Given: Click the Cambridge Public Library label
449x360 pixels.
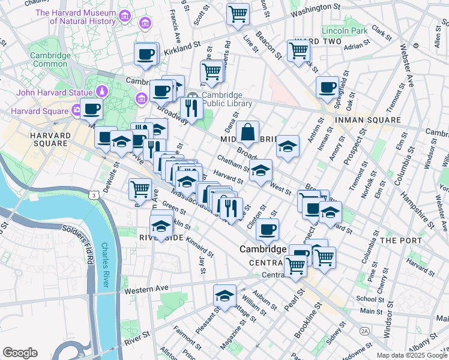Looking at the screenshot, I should tap(222, 99).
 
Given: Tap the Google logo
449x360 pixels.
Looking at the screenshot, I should tap(20, 353).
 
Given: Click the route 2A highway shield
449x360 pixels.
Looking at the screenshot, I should tap(364, 331).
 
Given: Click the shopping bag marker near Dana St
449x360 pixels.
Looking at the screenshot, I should tap(247, 131).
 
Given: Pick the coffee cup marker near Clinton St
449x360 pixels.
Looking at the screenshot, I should tap(267, 229).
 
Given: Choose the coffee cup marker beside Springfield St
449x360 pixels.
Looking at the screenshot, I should tap(327, 87).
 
